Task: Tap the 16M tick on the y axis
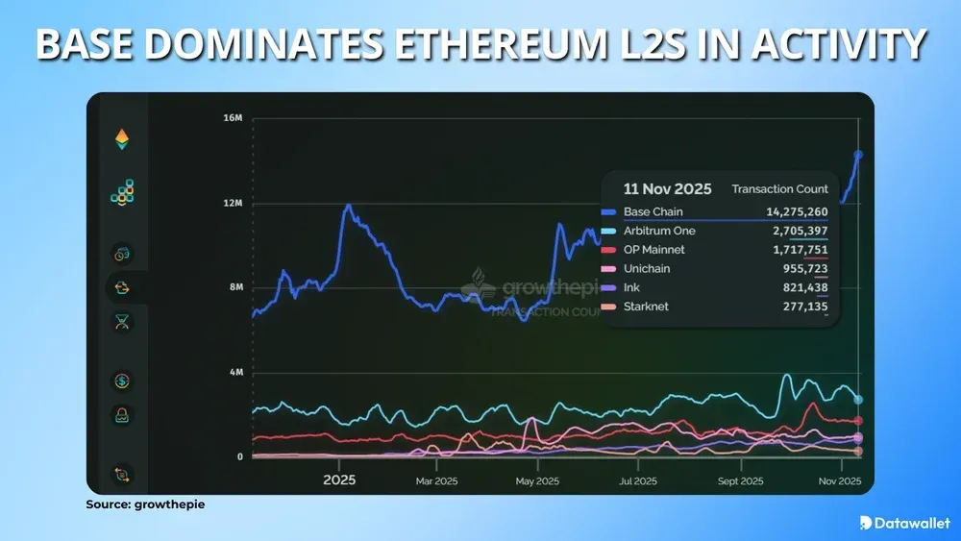(x=233, y=118)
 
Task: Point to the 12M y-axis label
(x=233, y=204)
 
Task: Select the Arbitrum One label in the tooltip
(x=658, y=232)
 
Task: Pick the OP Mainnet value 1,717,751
(x=795, y=250)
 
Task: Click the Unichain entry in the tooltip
(x=647, y=269)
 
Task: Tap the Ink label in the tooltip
(x=632, y=287)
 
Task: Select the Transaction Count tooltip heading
(x=779, y=189)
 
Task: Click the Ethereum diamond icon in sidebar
(x=122, y=140)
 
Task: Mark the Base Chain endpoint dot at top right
(x=858, y=155)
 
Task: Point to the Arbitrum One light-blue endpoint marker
(x=858, y=399)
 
